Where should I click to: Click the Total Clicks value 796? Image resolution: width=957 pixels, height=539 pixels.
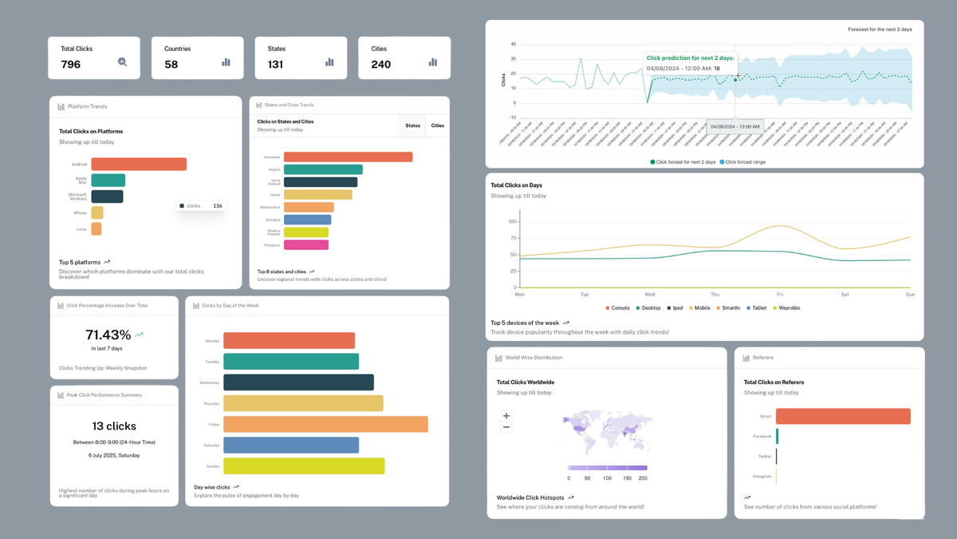71,64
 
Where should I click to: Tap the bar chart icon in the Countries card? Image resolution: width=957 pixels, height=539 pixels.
226,61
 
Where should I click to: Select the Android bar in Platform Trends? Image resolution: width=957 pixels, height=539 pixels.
139,164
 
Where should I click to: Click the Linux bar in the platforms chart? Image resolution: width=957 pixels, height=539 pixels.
96,229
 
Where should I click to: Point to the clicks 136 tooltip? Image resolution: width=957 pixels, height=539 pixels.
201,206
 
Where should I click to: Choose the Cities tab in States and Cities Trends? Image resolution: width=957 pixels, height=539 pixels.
438,125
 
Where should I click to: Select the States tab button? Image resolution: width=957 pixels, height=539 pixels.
412,125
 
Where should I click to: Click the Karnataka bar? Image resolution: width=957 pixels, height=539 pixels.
348,157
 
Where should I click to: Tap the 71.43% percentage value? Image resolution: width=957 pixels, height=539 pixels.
108,335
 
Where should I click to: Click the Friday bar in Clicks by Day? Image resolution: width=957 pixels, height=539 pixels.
325,424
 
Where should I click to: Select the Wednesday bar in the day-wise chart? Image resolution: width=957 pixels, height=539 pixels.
298,382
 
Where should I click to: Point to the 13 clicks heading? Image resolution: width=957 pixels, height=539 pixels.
114,426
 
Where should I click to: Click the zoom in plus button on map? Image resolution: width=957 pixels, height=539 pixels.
506,416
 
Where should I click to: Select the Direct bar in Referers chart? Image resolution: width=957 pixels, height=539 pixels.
843,416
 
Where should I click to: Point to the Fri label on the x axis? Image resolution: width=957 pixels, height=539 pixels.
779,294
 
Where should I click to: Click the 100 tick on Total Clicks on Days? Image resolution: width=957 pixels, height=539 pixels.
513,222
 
